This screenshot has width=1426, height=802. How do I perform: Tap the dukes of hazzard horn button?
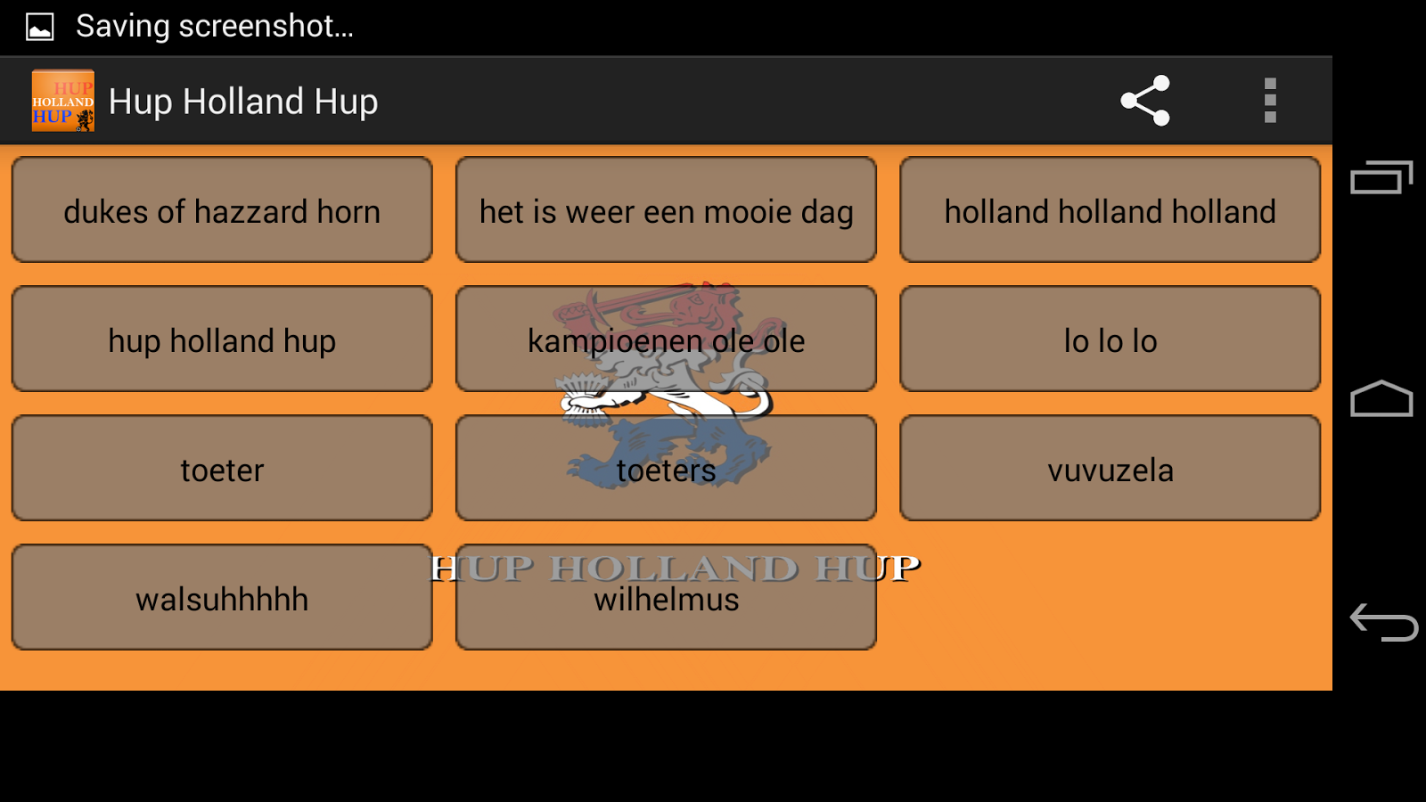(222, 210)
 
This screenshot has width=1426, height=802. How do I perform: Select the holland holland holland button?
(1110, 210)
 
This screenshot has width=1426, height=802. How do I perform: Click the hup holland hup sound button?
(222, 340)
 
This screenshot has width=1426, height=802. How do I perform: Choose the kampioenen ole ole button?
(666, 340)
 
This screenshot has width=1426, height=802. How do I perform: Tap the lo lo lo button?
(1110, 340)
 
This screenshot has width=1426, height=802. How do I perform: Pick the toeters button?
(666, 469)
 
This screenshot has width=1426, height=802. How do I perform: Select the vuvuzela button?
(1110, 469)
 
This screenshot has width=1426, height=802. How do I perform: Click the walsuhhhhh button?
(222, 598)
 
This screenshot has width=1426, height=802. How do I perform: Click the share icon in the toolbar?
(1145, 101)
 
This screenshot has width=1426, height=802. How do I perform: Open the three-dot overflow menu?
(1270, 101)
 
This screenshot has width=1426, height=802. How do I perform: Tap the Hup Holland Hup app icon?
(62, 101)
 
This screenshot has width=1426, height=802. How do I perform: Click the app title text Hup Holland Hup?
(243, 102)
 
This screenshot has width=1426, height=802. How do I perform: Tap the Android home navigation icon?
(1381, 399)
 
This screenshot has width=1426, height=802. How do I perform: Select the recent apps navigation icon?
(1381, 177)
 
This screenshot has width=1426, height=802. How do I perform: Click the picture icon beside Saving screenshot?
(40, 27)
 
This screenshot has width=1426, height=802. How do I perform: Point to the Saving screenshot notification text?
(215, 26)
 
